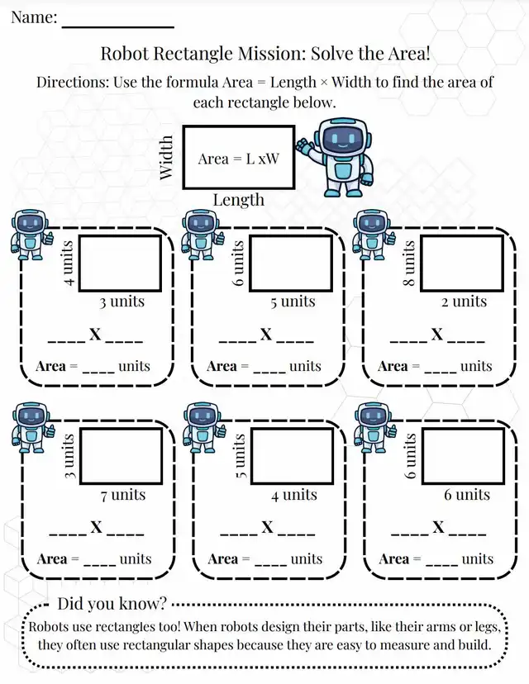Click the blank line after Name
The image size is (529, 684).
click(x=118, y=27)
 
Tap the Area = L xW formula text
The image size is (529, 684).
click(x=238, y=159)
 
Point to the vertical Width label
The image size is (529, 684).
click(x=166, y=158)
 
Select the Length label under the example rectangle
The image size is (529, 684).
click(x=239, y=200)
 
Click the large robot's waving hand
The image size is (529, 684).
click(x=304, y=145)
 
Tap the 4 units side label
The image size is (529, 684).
click(x=69, y=264)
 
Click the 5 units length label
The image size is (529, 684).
click(x=293, y=302)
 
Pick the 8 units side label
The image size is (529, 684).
click(x=408, y=264)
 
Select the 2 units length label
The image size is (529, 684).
click(x=464, y=302)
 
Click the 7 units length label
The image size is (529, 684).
click(x=123, y=495)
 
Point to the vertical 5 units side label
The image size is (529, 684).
click(x=241, y=456)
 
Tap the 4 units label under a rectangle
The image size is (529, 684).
click(x=294, y=495)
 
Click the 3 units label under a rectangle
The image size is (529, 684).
click(x=122, y=302)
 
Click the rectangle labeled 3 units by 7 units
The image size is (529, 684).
click(x=121, y=456)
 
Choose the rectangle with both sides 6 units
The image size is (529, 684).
click(x=463, y=456)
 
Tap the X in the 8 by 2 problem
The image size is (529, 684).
click(x=437, y=335)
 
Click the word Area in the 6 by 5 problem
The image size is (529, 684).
click(x=222, y=366)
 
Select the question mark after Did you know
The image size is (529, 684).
click(x=162, y=604)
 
